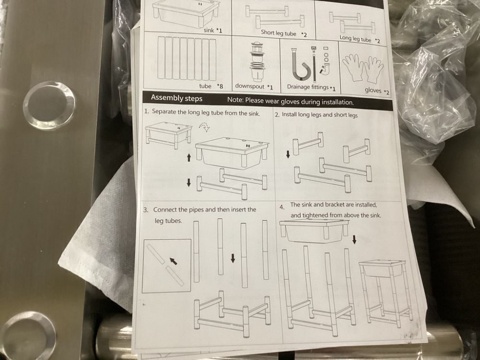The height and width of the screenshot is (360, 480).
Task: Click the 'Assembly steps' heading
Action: pyautogui.click(x=176, y=98)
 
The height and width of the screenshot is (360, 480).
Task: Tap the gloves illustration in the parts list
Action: pyautogui.click(x=363, y=69)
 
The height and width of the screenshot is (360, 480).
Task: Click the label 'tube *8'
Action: pyautogui.click(x=211, y=86)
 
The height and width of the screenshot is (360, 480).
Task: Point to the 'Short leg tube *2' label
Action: pyautogui.click(x=284, y=34)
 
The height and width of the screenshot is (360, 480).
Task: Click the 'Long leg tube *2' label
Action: pyautogui.click(x=360, y=39)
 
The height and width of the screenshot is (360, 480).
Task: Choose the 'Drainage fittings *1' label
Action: pyautogui.click(x=311, y=87)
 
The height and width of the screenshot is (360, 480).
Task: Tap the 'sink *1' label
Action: pyautogui.click(x=213, y=31)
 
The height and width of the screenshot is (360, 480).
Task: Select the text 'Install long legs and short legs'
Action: pyautogui.click(x=320, y=115)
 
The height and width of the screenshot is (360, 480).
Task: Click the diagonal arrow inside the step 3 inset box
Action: pyautogui.click(x=173, y=261)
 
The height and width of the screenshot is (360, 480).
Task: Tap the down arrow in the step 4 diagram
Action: pyautogui.click(x=354, y=240)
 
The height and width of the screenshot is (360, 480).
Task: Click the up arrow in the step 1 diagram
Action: pyautogui.click(x=189, y=157)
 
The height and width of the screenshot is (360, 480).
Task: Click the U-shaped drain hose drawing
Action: pyautogui.click(x=300, y=65)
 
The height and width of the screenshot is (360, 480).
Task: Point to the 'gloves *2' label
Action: pyautogui.click(x=377, y=91)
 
